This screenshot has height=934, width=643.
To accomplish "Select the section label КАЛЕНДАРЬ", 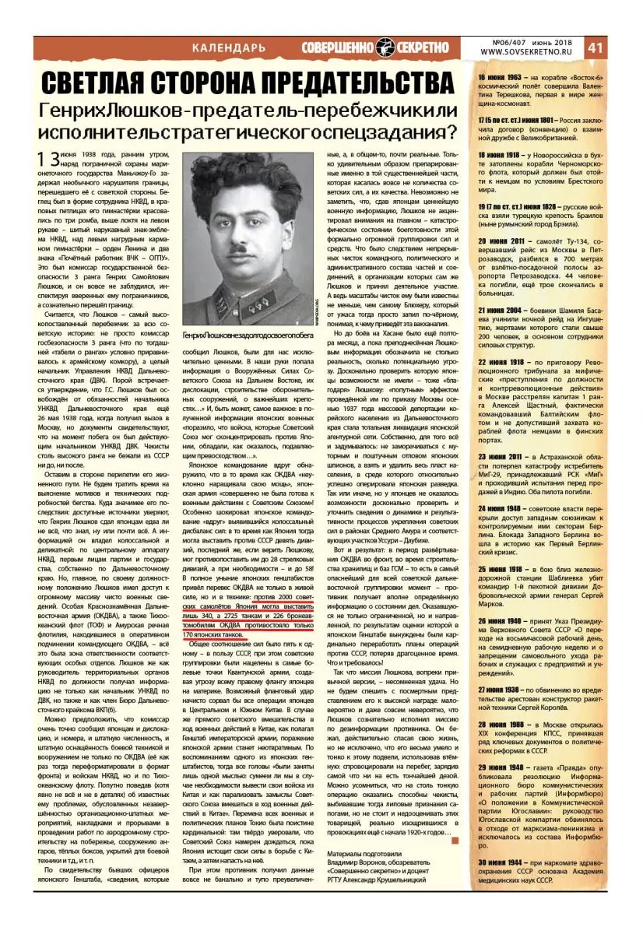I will tap(228, 48).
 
